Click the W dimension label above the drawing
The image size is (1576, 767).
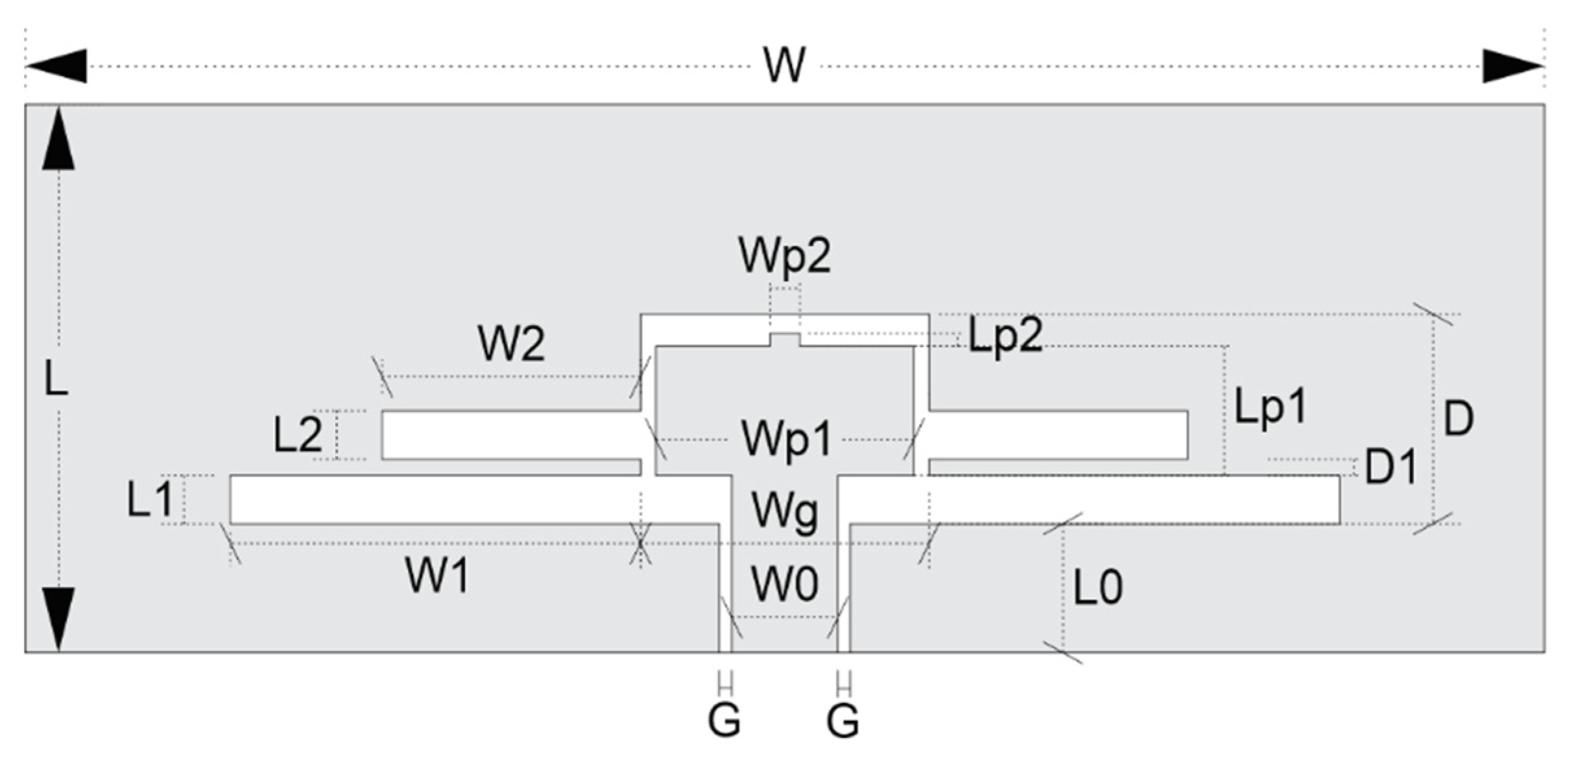pyautogui.click(x=785, y=65)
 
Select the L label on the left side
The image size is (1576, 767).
pyautogui.click(x=56, y=379)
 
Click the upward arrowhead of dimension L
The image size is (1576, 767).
pyautogui.click(x=58, y=140)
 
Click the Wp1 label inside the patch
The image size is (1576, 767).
pyautogui.click(x=786, y=440)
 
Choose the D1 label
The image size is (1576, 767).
pyautogui.click(x=1391, y=467)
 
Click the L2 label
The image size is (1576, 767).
pyautogui.click(x=297, y=435)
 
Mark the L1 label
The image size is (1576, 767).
pyautogui.click(x=150, y=500)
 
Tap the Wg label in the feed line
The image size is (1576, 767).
pyautogui.click(x=784, y=511)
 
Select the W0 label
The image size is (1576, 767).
pyautogui.click(x=784, y=584)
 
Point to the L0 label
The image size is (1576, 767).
pyautogui.click(x=1097, y=587)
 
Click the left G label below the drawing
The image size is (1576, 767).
pyautogui.click(x=724, y=720)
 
